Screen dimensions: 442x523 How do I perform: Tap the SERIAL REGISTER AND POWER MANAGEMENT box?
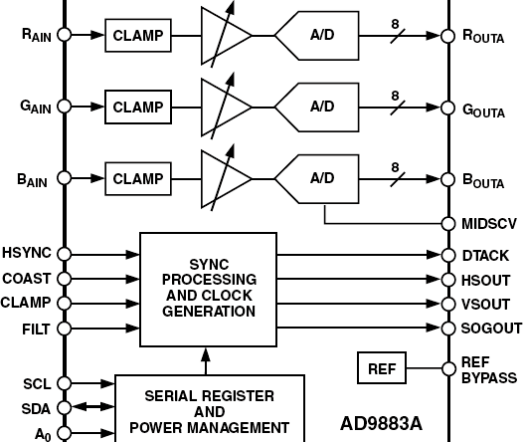pos(210,409)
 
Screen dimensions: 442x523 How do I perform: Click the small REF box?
pos(382,369)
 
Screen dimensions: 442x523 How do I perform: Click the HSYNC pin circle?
pos(66,255)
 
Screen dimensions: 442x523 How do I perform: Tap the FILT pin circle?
pos(66,327)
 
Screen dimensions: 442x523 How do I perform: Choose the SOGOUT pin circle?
pos(448,328)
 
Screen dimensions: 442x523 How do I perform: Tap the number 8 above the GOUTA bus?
pos(395,97)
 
